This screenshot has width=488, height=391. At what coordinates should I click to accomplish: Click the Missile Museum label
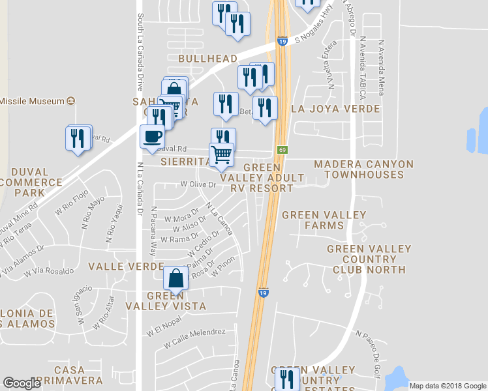click(x=33, y=101)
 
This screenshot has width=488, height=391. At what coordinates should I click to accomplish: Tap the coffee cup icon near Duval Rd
click(x=152, y=136)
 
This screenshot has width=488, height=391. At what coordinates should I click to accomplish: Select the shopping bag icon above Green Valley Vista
click(x=175, y=278)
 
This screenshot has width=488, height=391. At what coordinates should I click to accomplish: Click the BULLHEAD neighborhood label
click(x=207, y=59)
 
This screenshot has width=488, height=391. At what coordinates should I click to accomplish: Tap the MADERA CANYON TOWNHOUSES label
click(x=363, y=169)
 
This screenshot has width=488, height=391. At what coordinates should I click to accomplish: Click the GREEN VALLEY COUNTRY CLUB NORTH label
click(x=369, y=259)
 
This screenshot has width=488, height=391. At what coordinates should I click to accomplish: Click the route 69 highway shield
click(x=281, y=150)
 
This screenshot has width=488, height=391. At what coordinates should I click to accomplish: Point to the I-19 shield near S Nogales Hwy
click(x=281, y=41)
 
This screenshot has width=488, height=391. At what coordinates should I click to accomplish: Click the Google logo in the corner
click(x=22, y=383)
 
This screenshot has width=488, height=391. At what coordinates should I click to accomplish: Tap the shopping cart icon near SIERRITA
click(x=221, y=155)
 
